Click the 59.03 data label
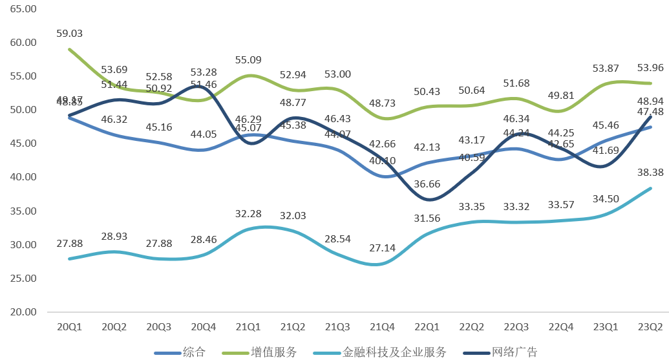coord(69,33)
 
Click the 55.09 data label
coord(248,60)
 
